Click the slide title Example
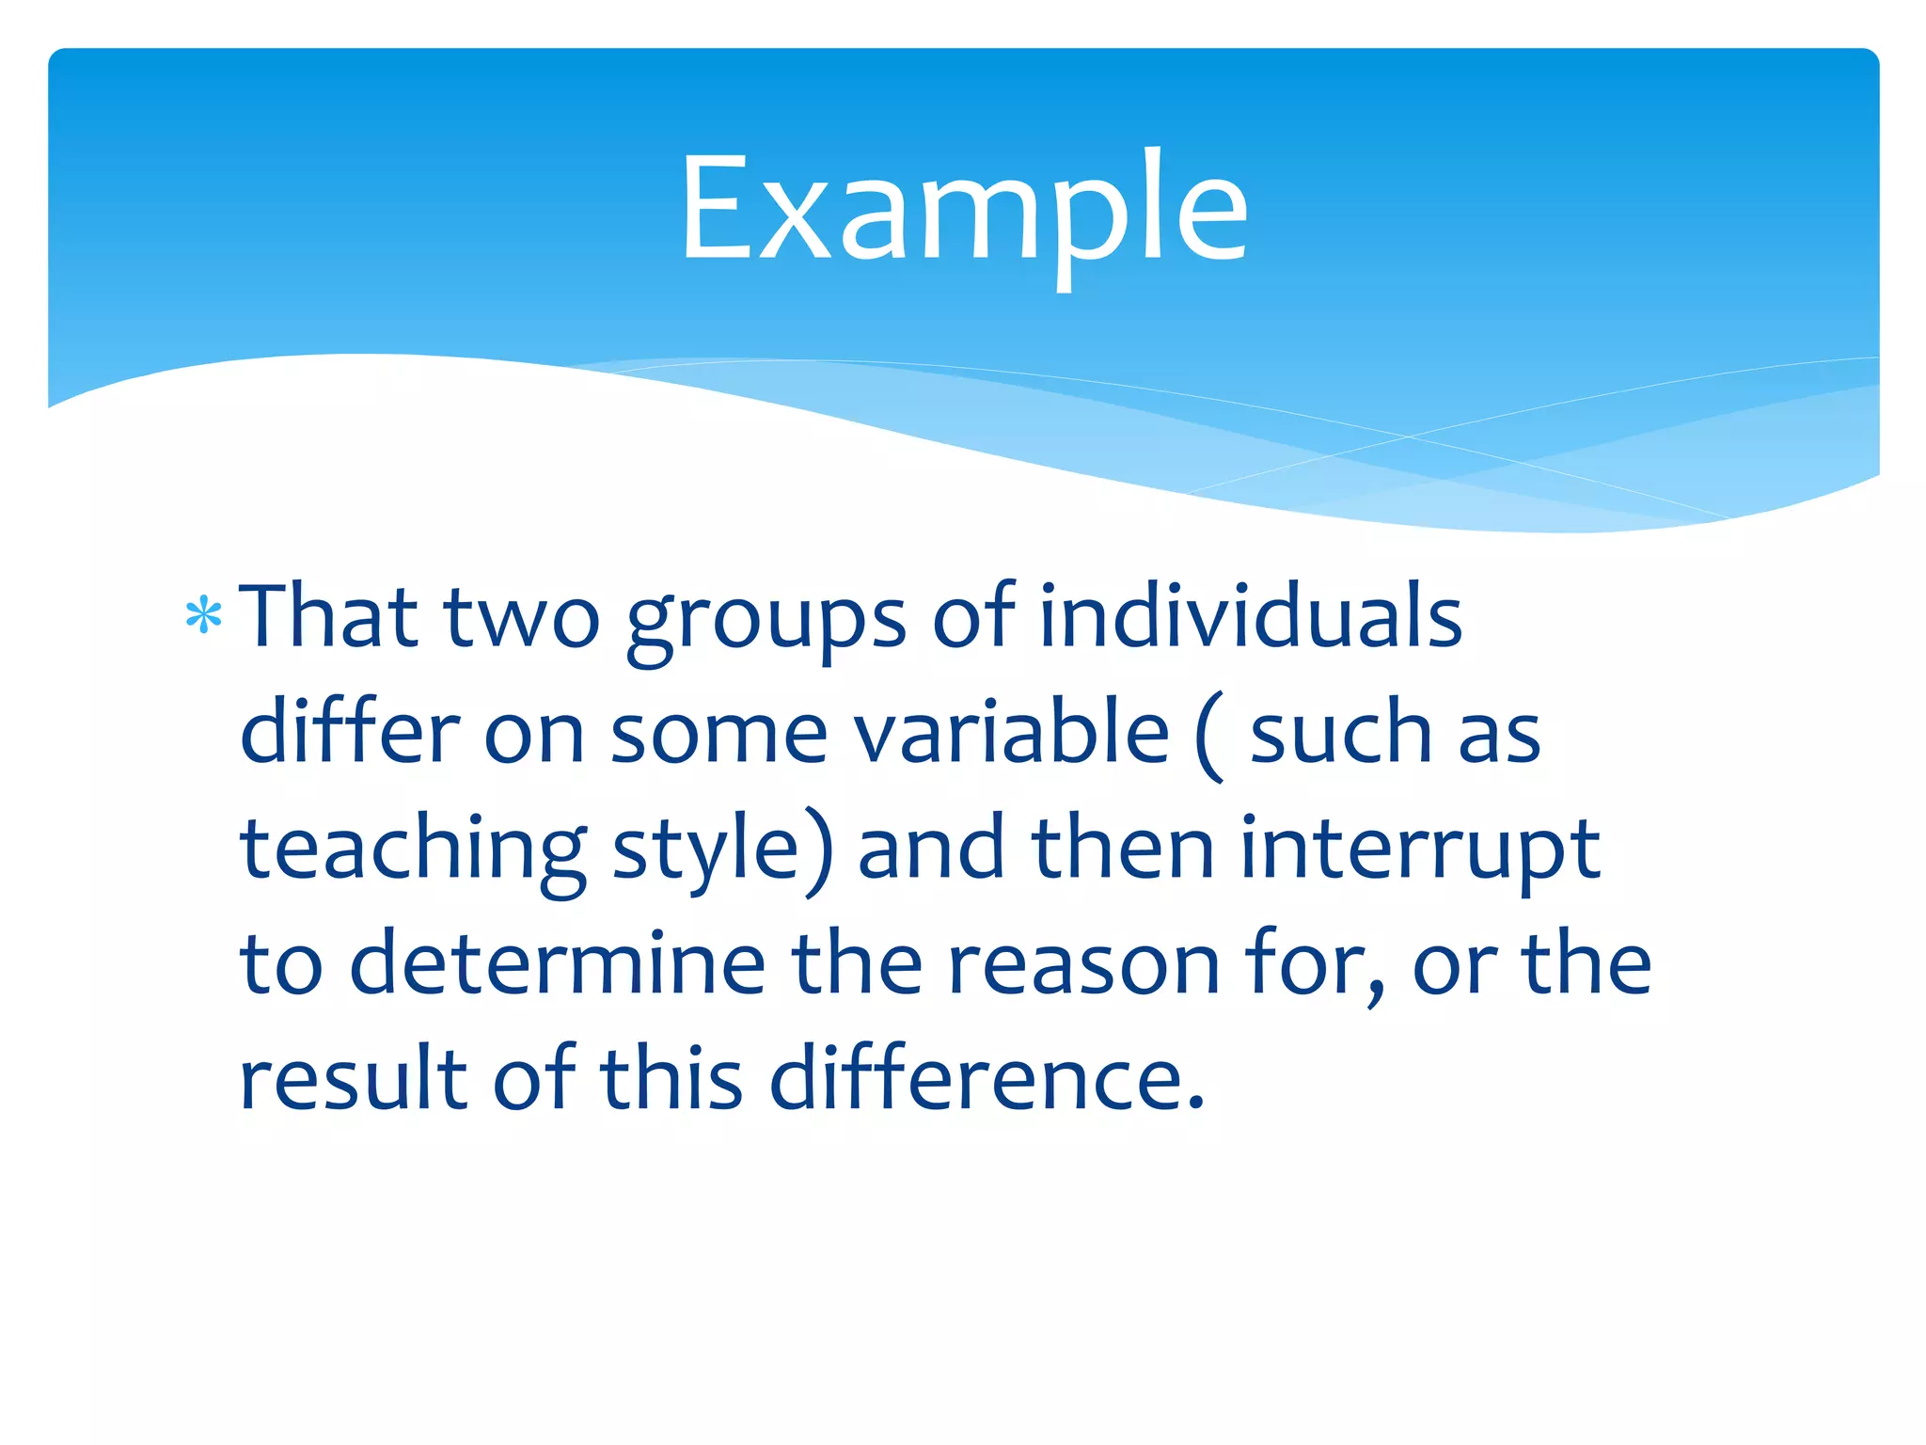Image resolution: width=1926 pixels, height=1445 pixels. point(963,209)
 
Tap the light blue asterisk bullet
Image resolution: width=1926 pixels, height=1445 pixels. point(204,618)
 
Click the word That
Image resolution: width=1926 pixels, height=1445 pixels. point(328,617)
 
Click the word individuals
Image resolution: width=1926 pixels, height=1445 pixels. point(1250,617)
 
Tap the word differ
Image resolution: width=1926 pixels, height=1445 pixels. point(350,733)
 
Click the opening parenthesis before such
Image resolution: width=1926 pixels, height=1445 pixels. point(1210,737)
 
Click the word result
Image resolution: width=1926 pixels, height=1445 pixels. point(354,1078)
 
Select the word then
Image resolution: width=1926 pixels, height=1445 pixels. point(1124,850)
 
